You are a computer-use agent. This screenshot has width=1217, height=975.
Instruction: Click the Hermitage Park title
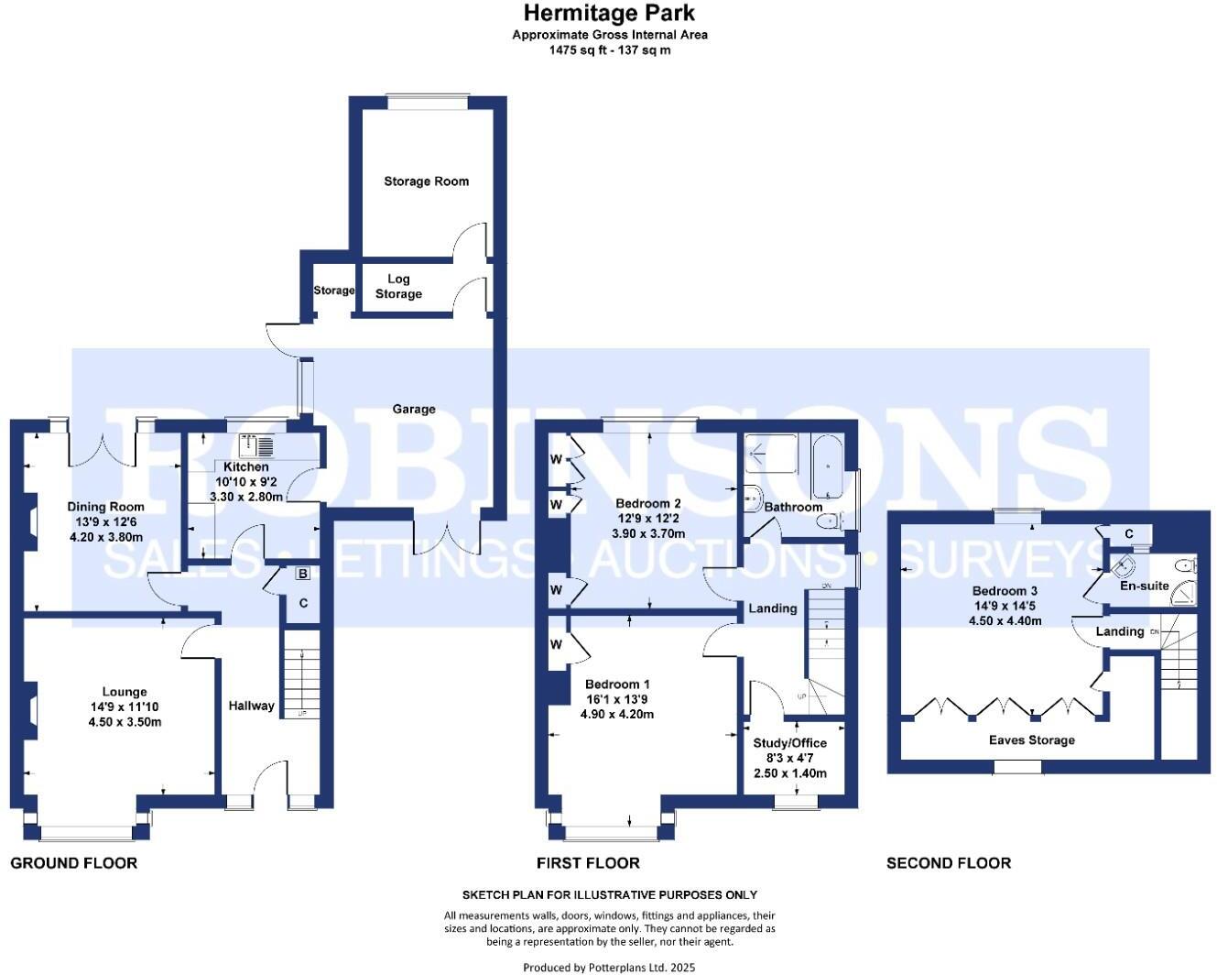pos(609,13)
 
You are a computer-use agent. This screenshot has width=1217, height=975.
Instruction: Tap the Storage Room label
pos(426,181)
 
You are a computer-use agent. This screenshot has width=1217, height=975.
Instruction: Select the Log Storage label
pos(398,287)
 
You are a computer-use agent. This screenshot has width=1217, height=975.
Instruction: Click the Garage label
pos(414,409)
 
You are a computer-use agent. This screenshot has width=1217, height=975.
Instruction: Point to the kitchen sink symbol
pos(256,446)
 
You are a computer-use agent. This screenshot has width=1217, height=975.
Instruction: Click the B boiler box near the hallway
pos(302,575)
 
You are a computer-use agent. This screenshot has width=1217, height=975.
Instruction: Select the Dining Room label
pos(106,507)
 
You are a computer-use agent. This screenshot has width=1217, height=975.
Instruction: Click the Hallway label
pos(251,706)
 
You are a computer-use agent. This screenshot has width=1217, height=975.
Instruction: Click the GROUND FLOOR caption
pos(74,863)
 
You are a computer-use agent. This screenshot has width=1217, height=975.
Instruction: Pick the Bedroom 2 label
pos(648,503)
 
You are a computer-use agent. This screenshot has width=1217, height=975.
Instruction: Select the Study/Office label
pos(789,743)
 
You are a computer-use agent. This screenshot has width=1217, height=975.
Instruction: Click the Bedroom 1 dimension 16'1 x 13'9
pos(617,699)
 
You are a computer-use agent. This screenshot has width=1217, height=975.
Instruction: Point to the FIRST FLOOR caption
pos(588,863)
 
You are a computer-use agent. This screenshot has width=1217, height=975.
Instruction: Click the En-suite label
pos(1145,586)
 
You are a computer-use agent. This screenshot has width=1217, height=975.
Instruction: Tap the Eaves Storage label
pos(1031,740)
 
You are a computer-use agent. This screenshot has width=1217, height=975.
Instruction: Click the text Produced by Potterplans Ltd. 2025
pos(609,967)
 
